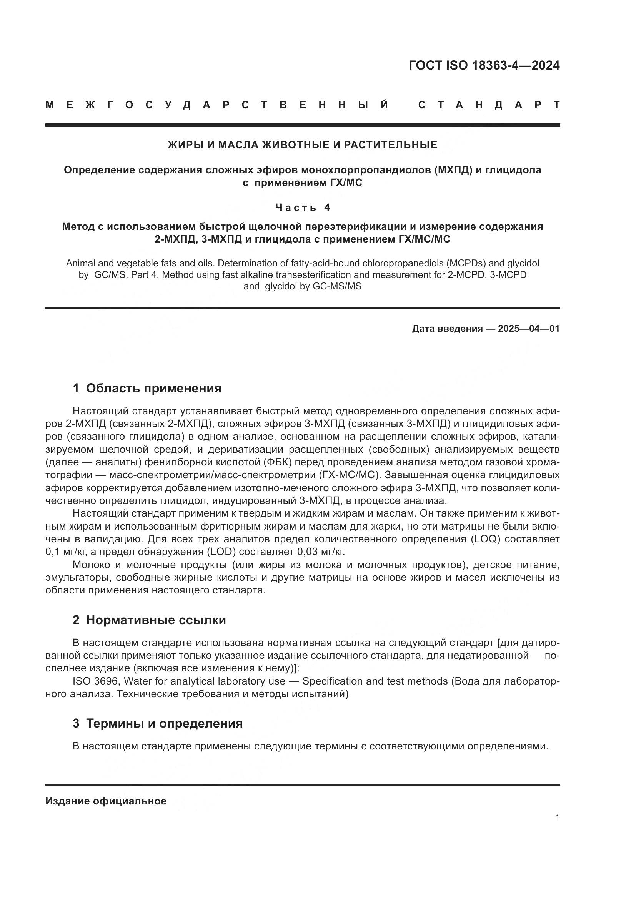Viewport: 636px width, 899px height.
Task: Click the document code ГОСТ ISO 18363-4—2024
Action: pos(484,65)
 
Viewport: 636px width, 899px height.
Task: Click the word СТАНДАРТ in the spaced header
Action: pos(489,105)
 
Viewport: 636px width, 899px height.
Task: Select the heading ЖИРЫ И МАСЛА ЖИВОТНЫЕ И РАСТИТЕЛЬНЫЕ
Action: pos(302,145)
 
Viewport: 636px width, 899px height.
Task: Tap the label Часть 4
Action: pos(302,208)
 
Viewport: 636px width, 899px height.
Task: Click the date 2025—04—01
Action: pos(529,329)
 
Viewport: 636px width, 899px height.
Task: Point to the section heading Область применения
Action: pos(153,388)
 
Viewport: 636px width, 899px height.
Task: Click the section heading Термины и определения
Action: pos(164,723)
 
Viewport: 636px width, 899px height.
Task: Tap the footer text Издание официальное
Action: pos(106,801)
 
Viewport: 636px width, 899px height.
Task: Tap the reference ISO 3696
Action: pos(95,681)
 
